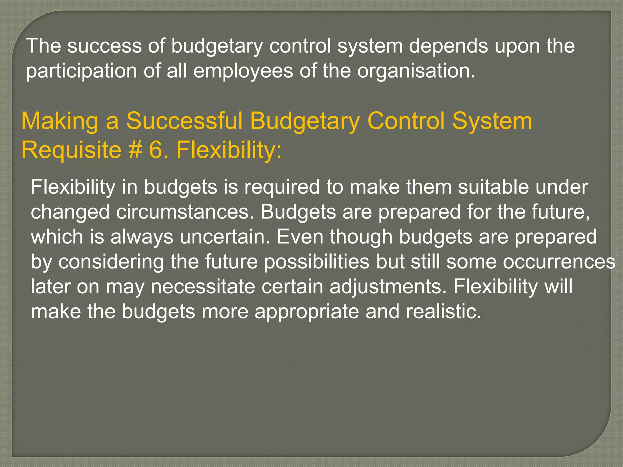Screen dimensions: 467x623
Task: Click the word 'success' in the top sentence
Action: pyautogui.click(x=104, y=46)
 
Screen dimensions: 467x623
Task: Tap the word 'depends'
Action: pyautogui.click(x=448, y=46)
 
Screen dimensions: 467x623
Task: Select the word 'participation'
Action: pyautogui.click(x=81, y=71)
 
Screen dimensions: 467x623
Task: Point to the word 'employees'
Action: pyautogui.click(x=243, y=71)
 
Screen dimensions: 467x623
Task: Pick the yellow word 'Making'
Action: pyautogui.click(x=60, y=121)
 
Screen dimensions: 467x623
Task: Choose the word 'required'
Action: pyautogui.click(x=282, y=187)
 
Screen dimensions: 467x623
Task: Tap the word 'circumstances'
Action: pyautogui.click(x=184, y=212)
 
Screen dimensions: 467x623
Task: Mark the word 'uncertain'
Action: pyautogui.click(x=224, y=237)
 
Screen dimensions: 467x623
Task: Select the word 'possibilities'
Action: pyautogui.click(x=316, y=262)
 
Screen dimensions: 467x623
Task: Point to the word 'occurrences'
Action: pyautogui.click(x=559, y=262)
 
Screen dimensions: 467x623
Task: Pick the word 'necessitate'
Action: pyautogui.click(x=203, y=287)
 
